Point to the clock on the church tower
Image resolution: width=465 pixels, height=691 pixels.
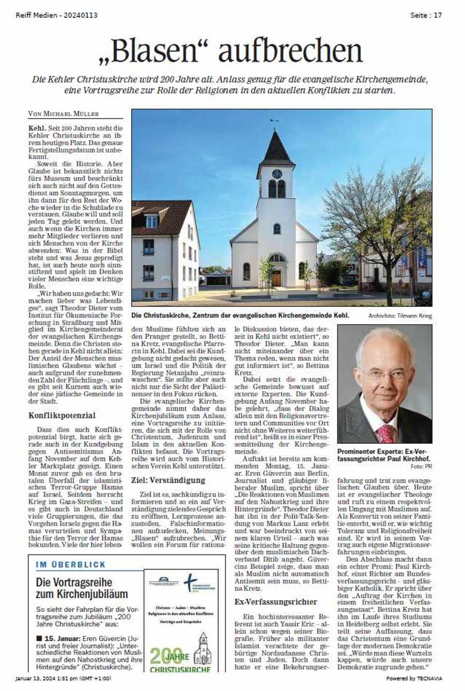(x=277, y=173)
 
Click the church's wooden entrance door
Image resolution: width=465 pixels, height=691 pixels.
(x=277, y=278)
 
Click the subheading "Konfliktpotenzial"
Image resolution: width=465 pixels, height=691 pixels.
(x=62, y=414)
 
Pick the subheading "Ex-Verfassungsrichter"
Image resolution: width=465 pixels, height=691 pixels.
(x=275, y=602)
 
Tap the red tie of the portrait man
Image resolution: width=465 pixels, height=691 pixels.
(x=385, y=433)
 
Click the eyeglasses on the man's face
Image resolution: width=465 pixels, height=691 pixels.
(x=383, y=374)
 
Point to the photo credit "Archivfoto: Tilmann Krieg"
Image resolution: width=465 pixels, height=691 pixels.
(x=400, y=315)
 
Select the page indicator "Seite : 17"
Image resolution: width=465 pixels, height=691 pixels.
(x=426, y=16)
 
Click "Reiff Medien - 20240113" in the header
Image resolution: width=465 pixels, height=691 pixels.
(x=56, y=16)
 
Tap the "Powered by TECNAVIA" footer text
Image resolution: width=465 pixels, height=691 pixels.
(x=414, y=678)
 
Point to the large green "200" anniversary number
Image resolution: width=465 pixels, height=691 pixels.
(x=165, y=656)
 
